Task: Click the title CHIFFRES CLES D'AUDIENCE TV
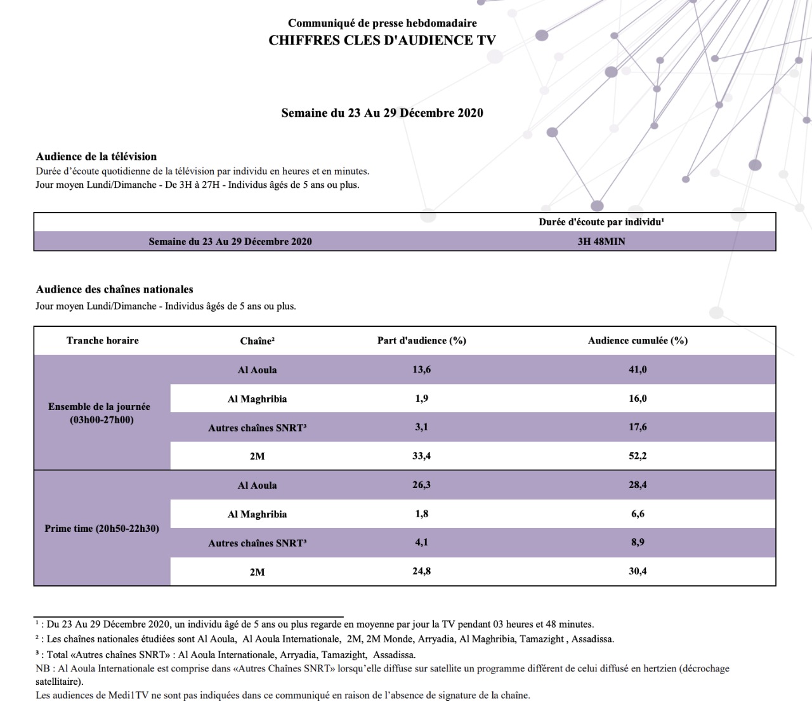tap(382, 41)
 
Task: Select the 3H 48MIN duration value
tap(601, 242)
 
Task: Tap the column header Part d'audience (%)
tap(421, 341)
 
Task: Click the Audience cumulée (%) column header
tap(638, 341)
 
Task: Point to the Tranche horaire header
tap(102, 341)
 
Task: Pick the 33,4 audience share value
tap(421, 456)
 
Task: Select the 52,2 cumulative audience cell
tap(638, 456)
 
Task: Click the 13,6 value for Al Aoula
tap(421, 369)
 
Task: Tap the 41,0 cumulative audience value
tap(638, 369)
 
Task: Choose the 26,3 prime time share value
tap(421, 485)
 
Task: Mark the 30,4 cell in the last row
tap(638, 571)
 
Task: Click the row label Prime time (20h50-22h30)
tap(102, 529)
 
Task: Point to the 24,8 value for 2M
tap(421, 571)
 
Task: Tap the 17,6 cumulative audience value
tap(638, 427)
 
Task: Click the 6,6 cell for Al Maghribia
tap(638, 514)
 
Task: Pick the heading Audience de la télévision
tap(96, 157)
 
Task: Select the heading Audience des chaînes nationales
tap(115, 289)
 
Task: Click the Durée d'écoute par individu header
tap(601, 222)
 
